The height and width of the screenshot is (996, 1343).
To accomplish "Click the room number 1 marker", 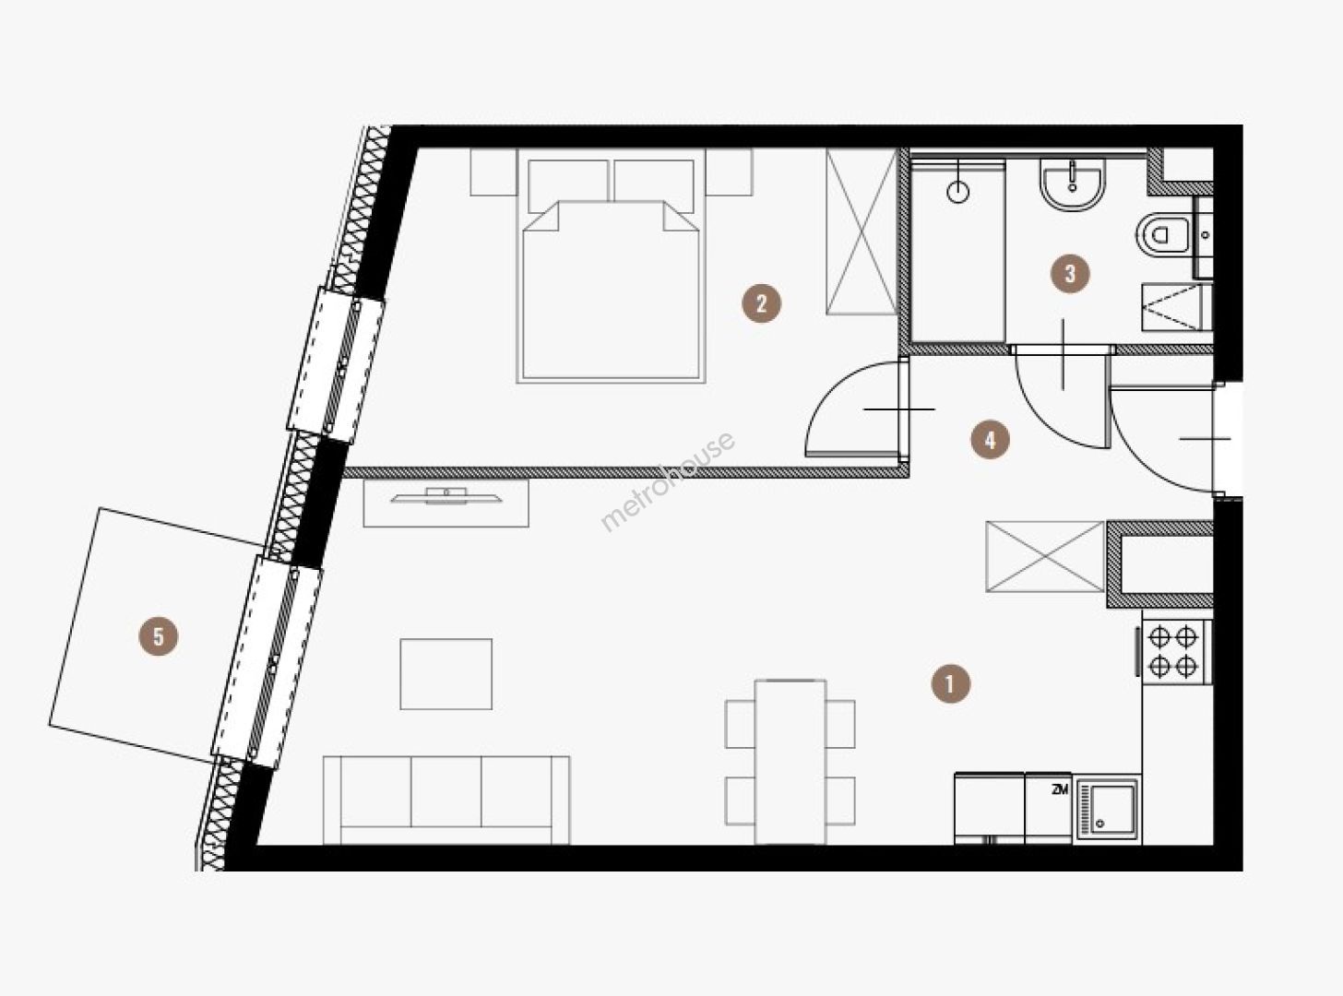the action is (951, 683).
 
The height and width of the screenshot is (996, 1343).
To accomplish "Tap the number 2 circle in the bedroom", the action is (761, 303).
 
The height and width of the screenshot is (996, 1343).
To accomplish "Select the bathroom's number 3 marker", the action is (1070, 274).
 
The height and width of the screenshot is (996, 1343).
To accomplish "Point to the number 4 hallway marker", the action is (990, 440).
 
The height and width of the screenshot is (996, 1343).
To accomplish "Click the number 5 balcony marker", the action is (159, 636).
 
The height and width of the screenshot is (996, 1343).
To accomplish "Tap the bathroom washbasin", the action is (1073, 184).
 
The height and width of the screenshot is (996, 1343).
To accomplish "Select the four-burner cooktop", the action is (1174, 652).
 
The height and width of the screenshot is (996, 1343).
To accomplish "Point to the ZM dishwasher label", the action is (1060, 789).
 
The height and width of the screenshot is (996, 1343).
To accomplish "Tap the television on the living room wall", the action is (446, 496).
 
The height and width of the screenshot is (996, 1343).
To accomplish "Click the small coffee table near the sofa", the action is (446, 674).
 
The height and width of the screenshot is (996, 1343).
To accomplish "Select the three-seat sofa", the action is (446, 800).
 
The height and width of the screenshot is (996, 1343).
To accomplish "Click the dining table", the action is (790, 762).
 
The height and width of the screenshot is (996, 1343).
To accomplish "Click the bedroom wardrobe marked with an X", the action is (862, 231).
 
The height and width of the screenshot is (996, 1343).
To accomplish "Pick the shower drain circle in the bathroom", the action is (957, 193).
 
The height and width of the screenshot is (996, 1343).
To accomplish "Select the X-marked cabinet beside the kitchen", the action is (1045, 556).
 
